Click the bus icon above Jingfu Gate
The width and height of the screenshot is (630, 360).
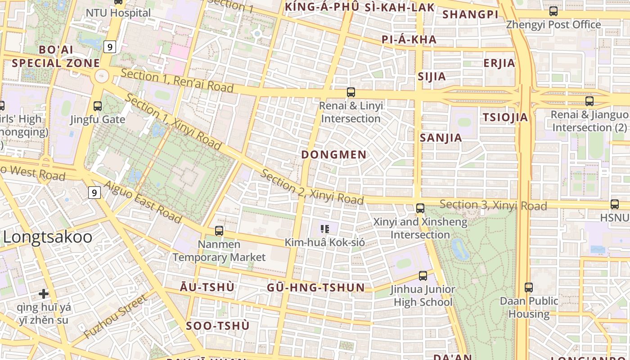(x=97, y=106)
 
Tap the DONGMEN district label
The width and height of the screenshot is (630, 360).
(x=334, y=155)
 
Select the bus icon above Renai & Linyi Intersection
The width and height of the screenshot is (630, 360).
(x=351, y=92)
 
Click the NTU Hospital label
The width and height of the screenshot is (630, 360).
(x=118, y=13)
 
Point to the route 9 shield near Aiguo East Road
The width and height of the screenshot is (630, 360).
(x=94, y=193)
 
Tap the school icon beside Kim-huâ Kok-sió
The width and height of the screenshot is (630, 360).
(x=325, y=229)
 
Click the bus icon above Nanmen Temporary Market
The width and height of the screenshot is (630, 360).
(x=219, y=231)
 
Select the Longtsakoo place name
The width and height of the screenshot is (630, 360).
(x=48, y=237)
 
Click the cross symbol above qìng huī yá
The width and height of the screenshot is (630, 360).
(x=44, y=294)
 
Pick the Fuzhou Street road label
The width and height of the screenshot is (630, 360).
(x=116, y=317)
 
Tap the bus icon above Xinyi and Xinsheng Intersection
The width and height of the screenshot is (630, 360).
(x=420, y=208)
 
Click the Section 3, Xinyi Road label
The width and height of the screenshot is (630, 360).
(x=493, y=205)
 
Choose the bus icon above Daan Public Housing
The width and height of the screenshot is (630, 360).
(x=529, y=287)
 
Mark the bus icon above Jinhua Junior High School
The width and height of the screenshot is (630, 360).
(x=423, y=276)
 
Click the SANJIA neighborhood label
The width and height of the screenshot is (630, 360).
(x=441, y=138)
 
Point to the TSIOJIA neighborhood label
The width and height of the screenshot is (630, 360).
(x=505, y=117)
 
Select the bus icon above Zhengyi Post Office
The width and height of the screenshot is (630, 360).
(x=553, y=11)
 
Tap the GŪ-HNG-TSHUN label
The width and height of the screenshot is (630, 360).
(x=315, y=288)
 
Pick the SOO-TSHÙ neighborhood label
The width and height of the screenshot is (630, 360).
(x=217, y=326)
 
